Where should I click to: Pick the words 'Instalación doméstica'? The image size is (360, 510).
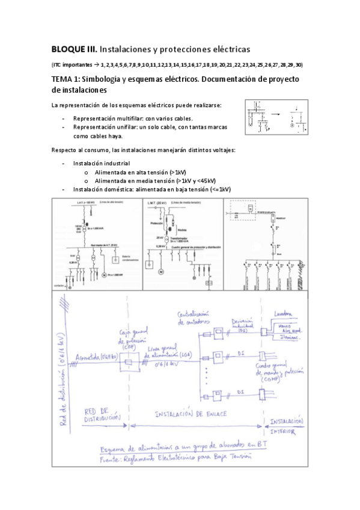coord(102,189)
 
